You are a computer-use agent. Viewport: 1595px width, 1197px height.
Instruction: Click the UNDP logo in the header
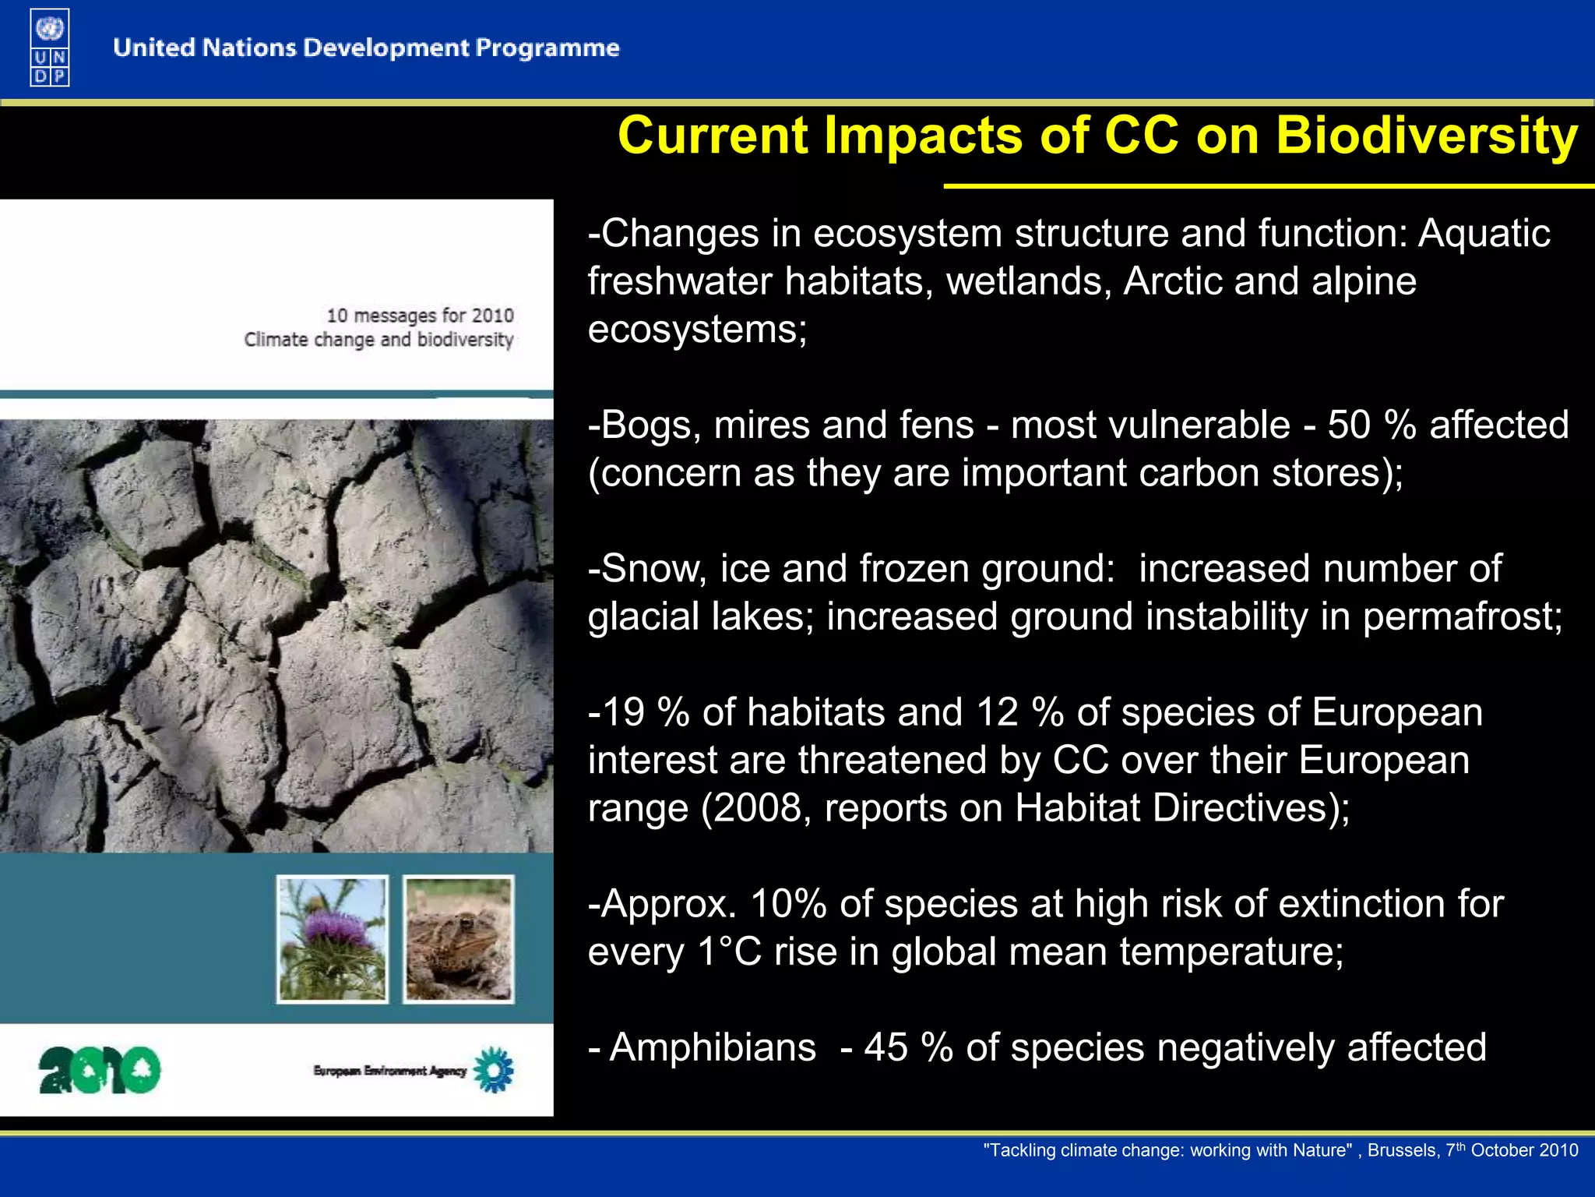pyautogui.click(x=50, y=48)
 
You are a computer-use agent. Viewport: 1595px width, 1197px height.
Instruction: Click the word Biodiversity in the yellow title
pyautogui.click(x=1426, y=136)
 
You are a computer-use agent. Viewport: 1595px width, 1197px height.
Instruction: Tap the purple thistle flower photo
pyautogui.click(x=333, y=938)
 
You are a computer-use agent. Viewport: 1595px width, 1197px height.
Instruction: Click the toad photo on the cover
pyautogui.click(x=459, y=938)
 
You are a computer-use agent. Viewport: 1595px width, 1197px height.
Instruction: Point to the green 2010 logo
pyautogui.click(x=100, y=1070)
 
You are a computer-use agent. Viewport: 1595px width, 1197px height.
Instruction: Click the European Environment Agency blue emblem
pyautogui.click(x=495, y=1070)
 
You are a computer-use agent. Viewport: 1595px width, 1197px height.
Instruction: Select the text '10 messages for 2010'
pyautogui.click(x=420, y=316)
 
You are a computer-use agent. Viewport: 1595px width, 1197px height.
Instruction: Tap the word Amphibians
pyautogui.click(x=713, y=1047)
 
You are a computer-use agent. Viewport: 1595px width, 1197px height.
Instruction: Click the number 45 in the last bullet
pyautogui.click(x=886, y=1047)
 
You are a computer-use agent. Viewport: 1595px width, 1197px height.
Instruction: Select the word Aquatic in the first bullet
pyautogui.click(x=1484, y=234)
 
